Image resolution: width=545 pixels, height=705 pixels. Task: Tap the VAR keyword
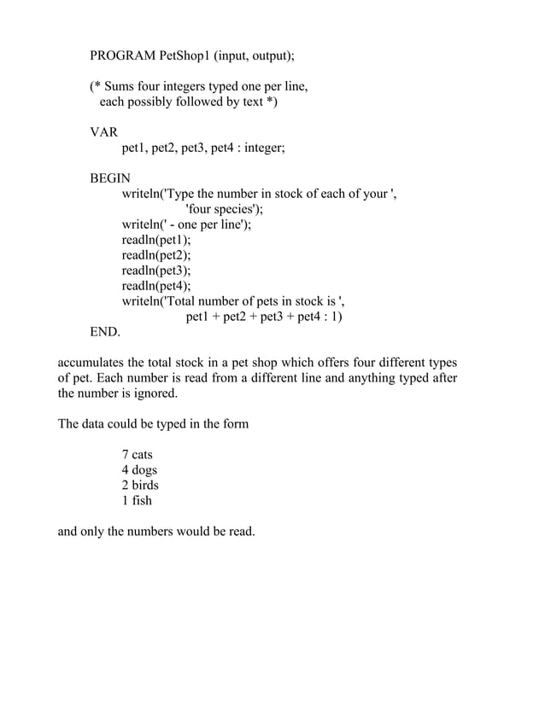pyautogui.click(x=104, y=132)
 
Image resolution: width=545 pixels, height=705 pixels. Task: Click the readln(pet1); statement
pyautogui.click(x=156, y=240)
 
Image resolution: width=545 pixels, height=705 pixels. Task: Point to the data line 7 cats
pyautogui.click(x=137, y=455)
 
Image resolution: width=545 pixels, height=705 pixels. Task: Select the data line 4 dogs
pyautogui.click(x=139, y=470)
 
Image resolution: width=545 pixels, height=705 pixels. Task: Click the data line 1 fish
pyautogui.click(x=137, y=501)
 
